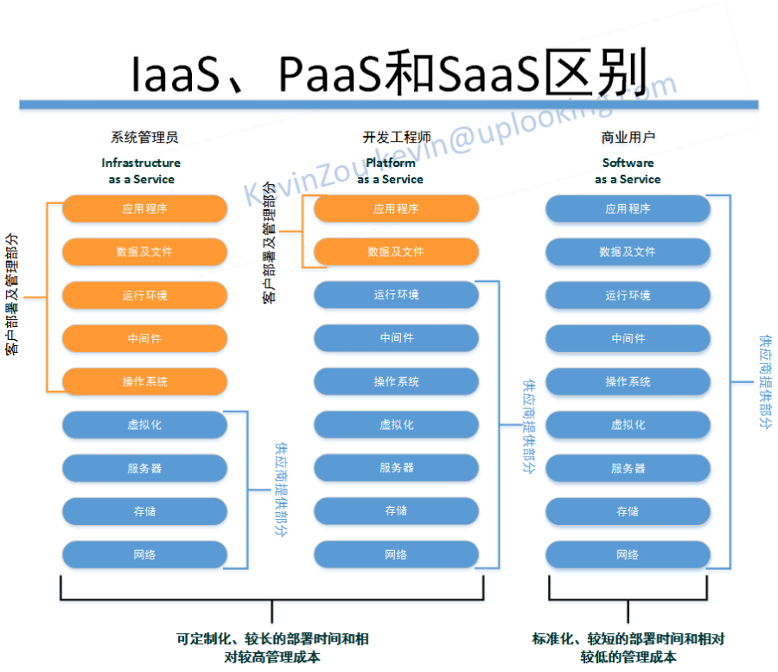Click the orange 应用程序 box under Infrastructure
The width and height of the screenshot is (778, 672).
coord(144,208)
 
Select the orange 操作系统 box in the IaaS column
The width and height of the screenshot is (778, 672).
coord(144,381)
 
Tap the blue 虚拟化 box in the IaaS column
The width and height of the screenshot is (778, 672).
coord(144,425)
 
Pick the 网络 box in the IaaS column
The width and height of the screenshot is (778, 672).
coord(144,554)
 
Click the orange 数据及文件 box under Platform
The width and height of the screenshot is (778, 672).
coord(396,252)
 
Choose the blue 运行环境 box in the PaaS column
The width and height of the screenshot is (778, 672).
coord(396,295)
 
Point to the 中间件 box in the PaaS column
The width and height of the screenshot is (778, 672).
coord(396,338)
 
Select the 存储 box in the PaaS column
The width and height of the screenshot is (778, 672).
coord(396,511)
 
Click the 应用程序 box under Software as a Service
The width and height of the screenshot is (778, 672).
coord(628,208)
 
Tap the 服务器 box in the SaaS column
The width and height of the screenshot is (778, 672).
coord(628,468)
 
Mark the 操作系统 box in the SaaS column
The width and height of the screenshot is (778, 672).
coord(628,381)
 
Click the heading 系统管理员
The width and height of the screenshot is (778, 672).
coord(144,138)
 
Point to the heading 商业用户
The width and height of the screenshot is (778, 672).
coord(628,138)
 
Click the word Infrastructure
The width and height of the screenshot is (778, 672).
coord(141,163)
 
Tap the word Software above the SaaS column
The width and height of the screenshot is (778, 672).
coord(628,163)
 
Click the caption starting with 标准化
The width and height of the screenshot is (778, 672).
coord(628,648)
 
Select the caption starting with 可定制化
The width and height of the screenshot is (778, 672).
coord(272,648)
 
